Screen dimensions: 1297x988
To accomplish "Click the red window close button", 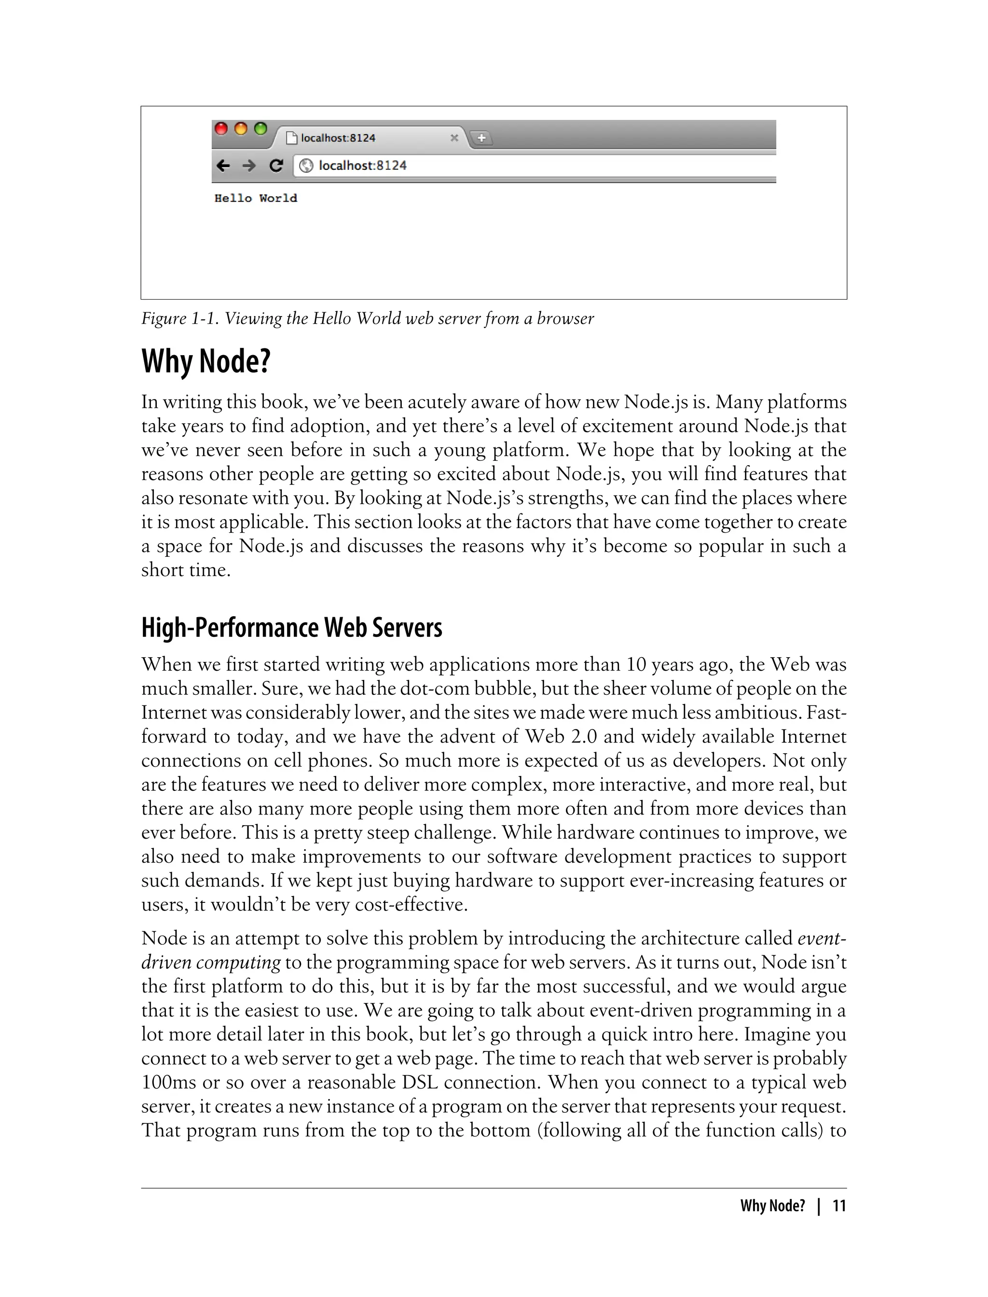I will (221, 129).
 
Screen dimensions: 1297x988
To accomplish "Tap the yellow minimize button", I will (241, 129).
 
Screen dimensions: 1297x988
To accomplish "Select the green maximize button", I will (260, 129).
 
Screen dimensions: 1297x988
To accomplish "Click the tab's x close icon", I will (454, 138).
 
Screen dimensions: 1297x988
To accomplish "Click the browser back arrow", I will (223, 166).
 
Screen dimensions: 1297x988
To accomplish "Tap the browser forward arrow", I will (249, 166).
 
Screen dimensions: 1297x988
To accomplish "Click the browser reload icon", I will (276, 166).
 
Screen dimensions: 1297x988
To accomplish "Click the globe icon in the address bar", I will (305, 166).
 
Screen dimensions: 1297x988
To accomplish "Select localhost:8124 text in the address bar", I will (362, 166).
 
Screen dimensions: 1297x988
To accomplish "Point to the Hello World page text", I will (256, 198).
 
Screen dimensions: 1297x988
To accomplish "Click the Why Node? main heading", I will (206, 361).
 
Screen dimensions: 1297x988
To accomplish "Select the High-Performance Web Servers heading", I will (292, 628).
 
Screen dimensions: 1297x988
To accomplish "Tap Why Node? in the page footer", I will (772, 1206).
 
